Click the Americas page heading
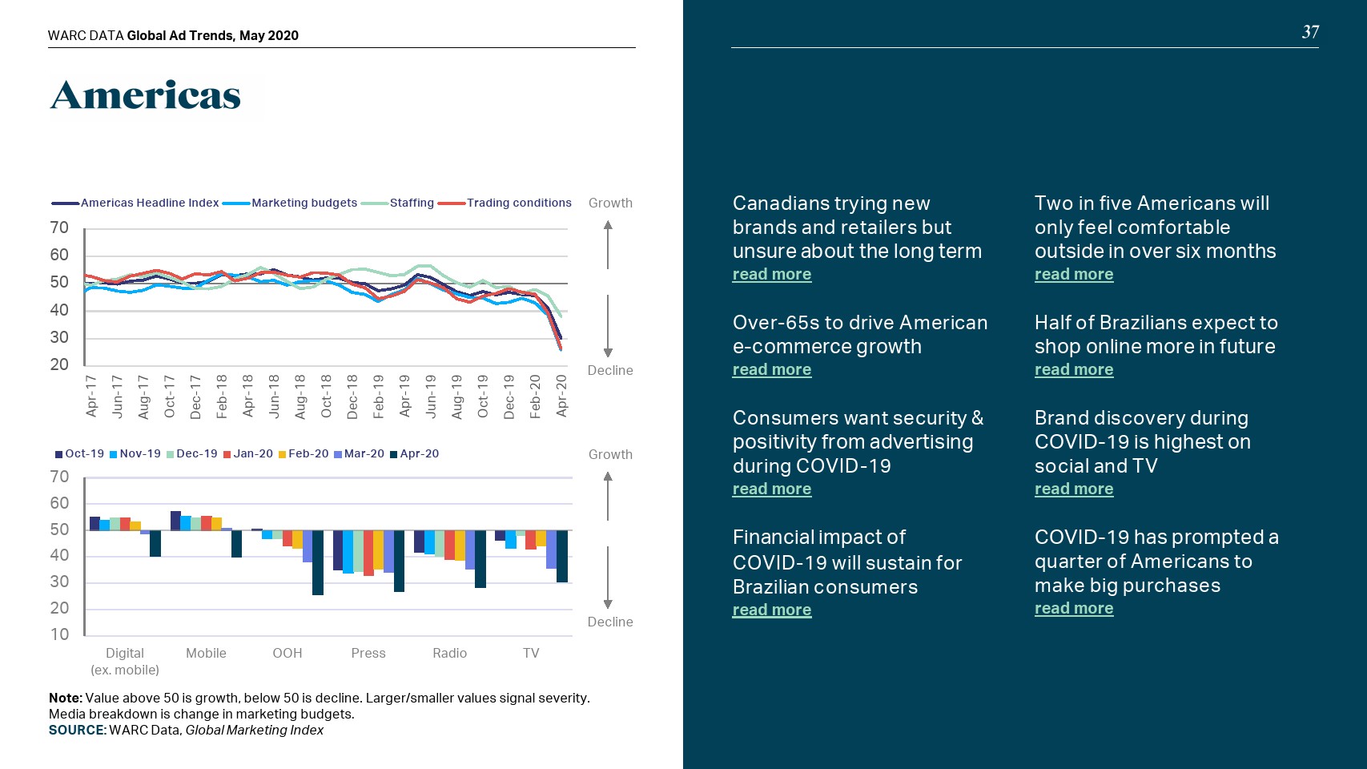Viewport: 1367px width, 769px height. point(146,96)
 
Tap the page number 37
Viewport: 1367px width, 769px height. point(1310,32)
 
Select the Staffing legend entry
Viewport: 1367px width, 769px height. point(412,203)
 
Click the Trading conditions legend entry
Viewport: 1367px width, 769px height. point(519,203)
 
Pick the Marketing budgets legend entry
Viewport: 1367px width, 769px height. point(304,203)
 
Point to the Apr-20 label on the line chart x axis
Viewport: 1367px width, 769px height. point(561,396)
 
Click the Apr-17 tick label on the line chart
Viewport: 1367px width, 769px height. point(91,396)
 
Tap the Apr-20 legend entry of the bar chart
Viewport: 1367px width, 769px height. point(419,453)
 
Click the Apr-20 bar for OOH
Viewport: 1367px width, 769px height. point(318,562)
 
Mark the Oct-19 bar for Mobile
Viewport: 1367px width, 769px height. point(176,521)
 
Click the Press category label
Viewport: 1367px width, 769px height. point(368,653)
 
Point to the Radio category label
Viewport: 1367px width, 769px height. point(449,653)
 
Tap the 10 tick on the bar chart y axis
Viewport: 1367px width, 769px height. point(60,634)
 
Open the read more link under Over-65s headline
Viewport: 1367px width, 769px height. point(772,369)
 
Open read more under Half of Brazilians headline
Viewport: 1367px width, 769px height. point(1074,369)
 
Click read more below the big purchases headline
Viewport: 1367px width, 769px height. point(1074,608)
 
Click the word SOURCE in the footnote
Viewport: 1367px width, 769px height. point(77,730)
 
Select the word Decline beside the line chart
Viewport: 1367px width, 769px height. point(610,370)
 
